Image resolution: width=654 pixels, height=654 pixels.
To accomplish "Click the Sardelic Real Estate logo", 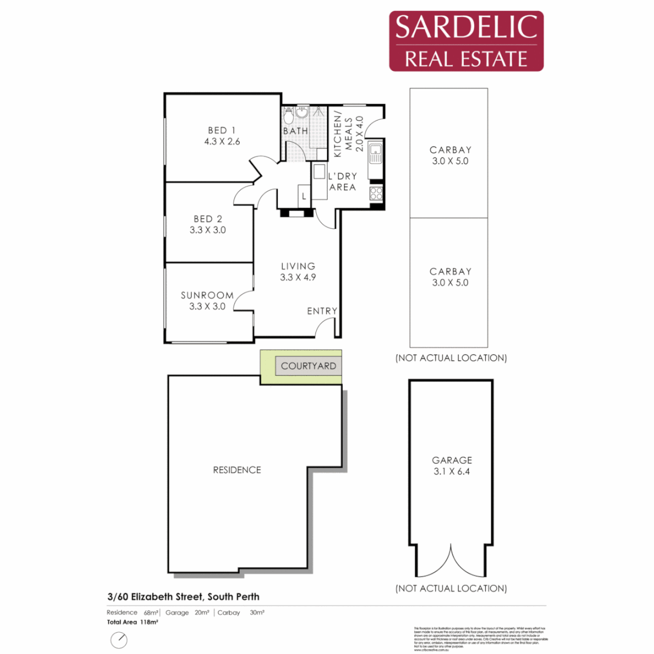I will pyautogui.click(x=466, y=41).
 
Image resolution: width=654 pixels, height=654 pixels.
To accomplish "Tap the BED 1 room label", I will pyautogui.click(x=221, y=131).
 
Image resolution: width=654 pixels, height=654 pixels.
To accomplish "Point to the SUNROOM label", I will pyautogui.click(x=207, y=296).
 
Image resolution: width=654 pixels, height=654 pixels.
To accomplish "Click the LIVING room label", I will pyautogui.click(x=298, y=266).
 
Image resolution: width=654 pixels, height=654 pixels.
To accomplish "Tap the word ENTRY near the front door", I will pyautogui.click(x=322, y=311).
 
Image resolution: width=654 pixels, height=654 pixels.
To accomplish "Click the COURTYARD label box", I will pyautogui.click(x=308, y=366).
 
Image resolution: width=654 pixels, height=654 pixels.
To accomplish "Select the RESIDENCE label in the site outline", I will pyautogui.click(x=237, y=470).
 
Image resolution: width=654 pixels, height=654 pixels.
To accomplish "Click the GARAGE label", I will pyautogui.click(x=448, y=460).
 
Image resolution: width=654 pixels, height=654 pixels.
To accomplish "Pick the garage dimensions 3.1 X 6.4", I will pyautogui.click(x=448, y=472).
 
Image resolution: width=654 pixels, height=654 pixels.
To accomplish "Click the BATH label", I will pyautogui.click(x=296, y=131).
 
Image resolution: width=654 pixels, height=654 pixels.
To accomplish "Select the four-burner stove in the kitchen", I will pyautogui.click(x=376, y=194).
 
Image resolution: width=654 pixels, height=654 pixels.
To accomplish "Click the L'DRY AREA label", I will pyautogui.click(x=342, y=182).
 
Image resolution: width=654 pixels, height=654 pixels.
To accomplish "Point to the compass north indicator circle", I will pyautogui.click(x=119, y=639).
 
